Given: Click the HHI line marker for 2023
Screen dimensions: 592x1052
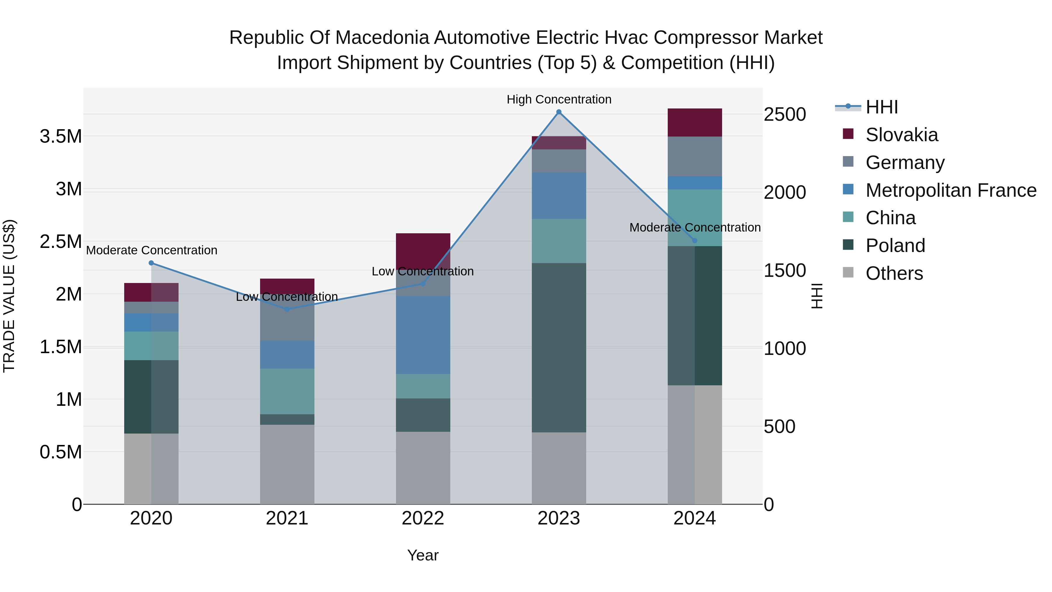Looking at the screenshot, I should pos(559,112).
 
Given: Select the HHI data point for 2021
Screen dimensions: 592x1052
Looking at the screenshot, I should pos(287,309).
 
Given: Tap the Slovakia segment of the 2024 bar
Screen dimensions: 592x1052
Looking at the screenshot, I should pos(695,122).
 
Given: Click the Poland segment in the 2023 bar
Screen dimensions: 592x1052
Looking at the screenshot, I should pos(559,347).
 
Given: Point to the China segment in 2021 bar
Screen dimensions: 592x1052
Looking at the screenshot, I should pos(287,391).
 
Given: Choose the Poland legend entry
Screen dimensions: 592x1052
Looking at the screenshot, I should pos(895,246).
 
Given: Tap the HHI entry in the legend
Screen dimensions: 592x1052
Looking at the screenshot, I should pos(881,107).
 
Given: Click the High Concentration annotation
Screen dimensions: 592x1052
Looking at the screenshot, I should pos(559,99).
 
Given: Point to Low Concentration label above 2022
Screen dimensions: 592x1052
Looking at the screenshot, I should pos(423,271).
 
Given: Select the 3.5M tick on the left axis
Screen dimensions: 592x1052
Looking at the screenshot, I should pos(60,137).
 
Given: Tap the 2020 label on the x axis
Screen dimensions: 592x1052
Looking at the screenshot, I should pos(151,518).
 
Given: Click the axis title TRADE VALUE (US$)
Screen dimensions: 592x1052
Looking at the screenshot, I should pos(9,296).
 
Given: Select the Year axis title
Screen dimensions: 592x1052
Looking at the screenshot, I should pos(423,555).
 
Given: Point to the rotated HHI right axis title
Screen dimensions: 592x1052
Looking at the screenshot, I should pos(816,296).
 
